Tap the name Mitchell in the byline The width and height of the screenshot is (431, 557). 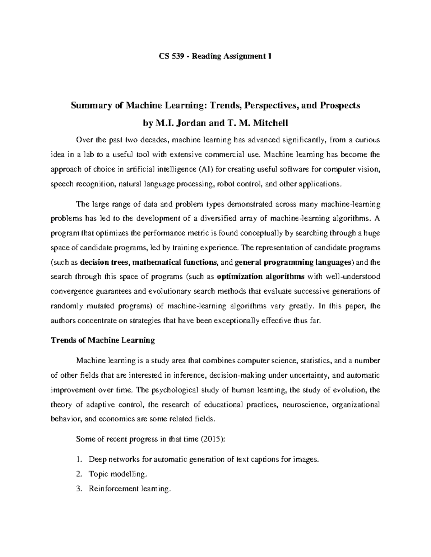pos(270,124)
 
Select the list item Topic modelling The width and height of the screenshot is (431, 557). pos(118,474)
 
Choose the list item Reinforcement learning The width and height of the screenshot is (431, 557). pos(129,489)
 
